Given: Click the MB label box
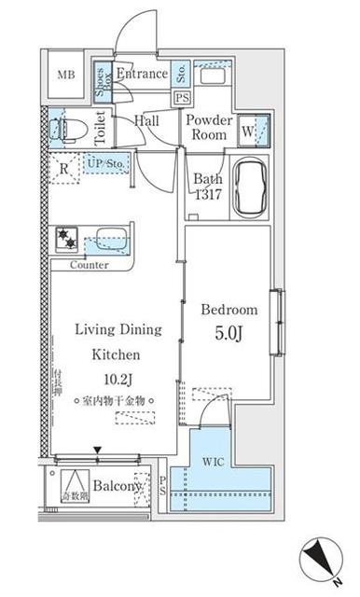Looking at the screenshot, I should (x=68, y=76).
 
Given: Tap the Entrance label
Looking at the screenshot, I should (x=142, y=74).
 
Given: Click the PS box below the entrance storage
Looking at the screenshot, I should (x=182, y=97).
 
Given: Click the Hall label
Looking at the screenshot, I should (x=145, y=120).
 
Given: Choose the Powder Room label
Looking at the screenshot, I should (x=208, y=127).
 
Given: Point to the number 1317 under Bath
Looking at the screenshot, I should (x=209, y=195).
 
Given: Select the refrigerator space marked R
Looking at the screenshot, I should (x=62, y=169).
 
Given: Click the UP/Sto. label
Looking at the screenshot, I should (x=104, y=164).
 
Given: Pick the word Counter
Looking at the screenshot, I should (x=90, y=265).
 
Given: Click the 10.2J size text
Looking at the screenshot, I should (x=116, y=378).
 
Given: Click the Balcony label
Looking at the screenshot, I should (x=117, y=486).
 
